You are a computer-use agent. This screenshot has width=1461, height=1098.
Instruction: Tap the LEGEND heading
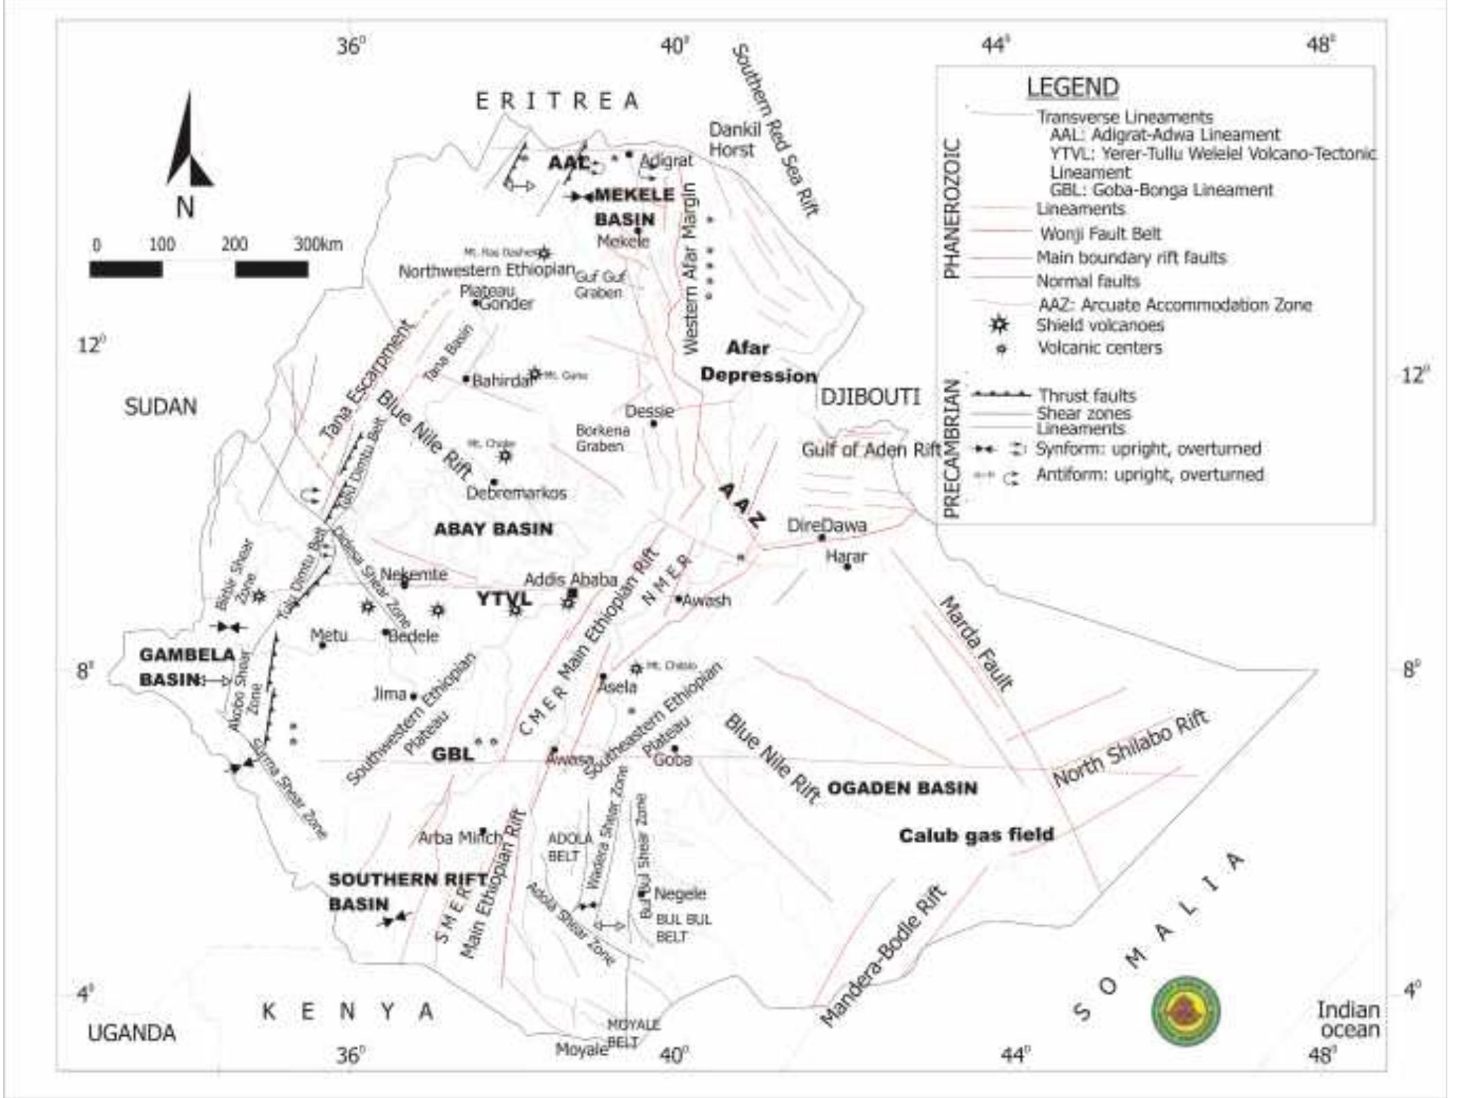click(x=1072, y=87)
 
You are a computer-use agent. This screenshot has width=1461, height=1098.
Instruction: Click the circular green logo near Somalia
click(x=1185, y=1012)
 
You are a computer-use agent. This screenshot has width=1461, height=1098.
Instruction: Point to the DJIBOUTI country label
click(x=870, y=397)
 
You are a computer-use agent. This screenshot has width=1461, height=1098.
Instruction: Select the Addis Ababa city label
click(x=571, y=579)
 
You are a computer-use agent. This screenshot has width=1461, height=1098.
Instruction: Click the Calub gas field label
click(x=976, y=835)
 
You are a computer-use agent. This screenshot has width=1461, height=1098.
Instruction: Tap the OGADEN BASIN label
click(x=902, y=788)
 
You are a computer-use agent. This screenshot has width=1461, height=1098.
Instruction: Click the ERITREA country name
click(x=557, y=101)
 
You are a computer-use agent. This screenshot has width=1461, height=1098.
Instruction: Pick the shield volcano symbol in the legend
click(x=999, y=325)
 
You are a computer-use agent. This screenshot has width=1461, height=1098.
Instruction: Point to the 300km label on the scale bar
click(x=318, y=244)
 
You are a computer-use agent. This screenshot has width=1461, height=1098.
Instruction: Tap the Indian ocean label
click(x=1348, y=1020)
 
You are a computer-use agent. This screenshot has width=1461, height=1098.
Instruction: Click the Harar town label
click(x=847, y=556)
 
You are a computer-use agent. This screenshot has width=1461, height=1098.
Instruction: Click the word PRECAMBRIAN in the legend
click(x=951, y=449)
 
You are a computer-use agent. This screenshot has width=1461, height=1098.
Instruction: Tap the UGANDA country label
click(x=132, y=1033)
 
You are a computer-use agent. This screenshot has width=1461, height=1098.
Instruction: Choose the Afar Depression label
click(x=757, y=362)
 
